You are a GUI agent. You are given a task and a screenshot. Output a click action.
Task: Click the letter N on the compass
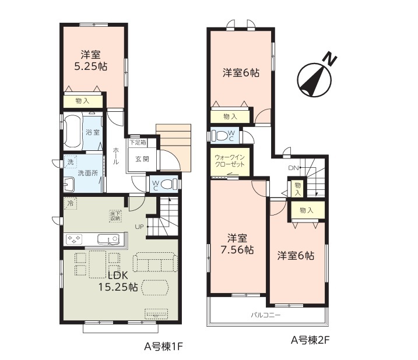(x=331, y=60)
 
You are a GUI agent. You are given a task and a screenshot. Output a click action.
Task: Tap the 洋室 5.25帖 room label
(x=90, y=61)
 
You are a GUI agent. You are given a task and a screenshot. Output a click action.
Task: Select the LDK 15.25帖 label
(x=118, y=281)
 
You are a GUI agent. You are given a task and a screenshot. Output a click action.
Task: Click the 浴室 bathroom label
(x=93, y=132)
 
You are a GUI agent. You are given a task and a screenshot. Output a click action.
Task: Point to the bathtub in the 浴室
(x=72, y=131)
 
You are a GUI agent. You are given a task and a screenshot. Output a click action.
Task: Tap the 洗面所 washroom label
(x=87, y=173)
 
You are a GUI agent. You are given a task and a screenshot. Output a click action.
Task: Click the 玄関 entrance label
(x=142, y=159)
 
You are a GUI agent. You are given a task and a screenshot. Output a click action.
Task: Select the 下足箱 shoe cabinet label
(x=138, y=143)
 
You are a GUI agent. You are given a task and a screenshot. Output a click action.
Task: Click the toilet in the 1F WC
(x=168, y=184)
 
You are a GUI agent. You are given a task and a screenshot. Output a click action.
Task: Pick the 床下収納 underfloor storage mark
(x=115, y=216)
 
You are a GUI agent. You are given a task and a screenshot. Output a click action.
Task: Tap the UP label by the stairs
(x=139, y=227)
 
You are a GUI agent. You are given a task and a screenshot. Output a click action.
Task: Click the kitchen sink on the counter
(x=108, y=239)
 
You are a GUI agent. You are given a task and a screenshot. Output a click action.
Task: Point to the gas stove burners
(x=74, y=238)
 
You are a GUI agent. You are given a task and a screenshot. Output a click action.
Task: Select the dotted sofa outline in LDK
(x=155, y=262)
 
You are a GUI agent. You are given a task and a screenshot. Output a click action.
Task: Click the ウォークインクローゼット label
(x=230, y=161)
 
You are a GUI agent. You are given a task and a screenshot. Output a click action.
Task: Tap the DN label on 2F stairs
(x=293, y=168)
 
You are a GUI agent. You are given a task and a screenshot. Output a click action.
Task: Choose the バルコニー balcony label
(x=266, y=315)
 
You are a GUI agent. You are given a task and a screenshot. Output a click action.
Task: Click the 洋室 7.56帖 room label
(x=237, y=244)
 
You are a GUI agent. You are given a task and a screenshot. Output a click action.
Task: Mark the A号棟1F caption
(x=163, y=347)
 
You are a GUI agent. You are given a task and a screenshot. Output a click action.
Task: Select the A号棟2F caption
(x=310, y=340)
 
